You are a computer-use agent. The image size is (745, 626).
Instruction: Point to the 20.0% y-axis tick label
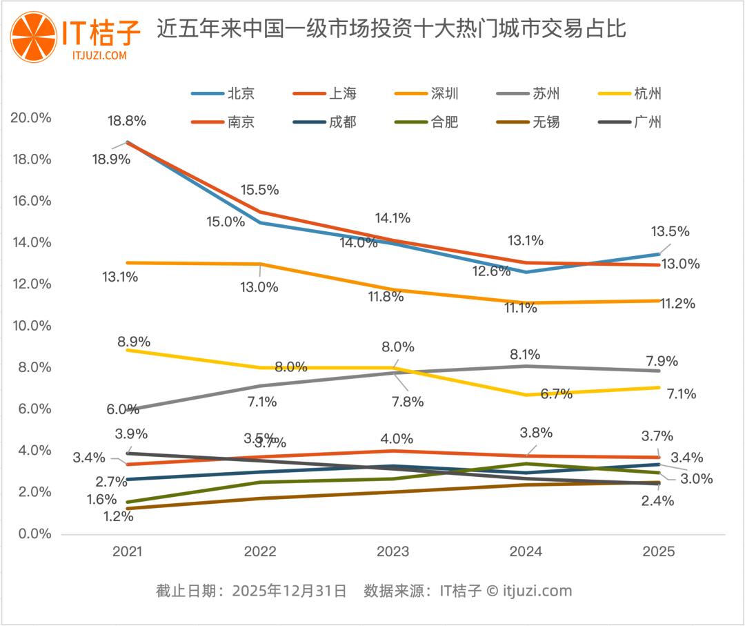tap(32, 117)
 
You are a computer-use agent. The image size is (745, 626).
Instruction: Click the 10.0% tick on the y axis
tap(32, 326)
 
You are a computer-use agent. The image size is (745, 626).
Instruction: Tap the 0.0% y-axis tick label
tap(34, 534)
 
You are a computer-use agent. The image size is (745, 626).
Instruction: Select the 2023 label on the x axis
tap(393, 552)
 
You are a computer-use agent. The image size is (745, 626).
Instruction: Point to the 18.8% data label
tap(127, 121)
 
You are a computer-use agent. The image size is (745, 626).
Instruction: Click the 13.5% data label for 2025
tap(670, 232)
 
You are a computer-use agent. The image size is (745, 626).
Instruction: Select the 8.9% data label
tap(134, 342)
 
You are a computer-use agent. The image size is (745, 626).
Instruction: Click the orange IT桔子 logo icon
tap(32, 35)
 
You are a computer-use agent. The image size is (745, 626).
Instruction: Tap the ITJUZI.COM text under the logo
tap(99, 55)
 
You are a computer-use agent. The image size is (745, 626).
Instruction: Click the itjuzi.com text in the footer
tap(537, 591)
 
